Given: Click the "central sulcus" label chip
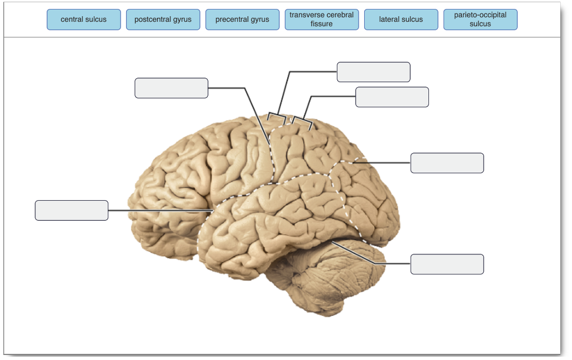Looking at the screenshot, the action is coord(84,20).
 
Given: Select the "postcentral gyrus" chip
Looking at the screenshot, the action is coord(163,20).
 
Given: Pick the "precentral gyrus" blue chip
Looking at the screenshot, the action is coord(242,20).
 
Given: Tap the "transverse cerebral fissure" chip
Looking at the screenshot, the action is coord(322,20).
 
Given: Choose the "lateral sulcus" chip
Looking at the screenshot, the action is coord(401,20).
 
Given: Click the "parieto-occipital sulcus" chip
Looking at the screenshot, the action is coord(480,20).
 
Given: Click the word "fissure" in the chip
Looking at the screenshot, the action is coord(321,23).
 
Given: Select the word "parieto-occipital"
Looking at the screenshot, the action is coord(480,15).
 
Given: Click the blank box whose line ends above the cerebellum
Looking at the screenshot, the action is coord(447,264).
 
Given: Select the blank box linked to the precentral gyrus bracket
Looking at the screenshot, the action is coord(374,72).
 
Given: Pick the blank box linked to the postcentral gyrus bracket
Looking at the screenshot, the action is coord(392,97).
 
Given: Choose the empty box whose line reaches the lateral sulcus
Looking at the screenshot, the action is coord(71,210).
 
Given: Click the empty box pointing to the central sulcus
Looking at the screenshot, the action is coord(171,88).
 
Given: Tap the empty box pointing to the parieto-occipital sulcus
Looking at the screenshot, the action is coord(447,163).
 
